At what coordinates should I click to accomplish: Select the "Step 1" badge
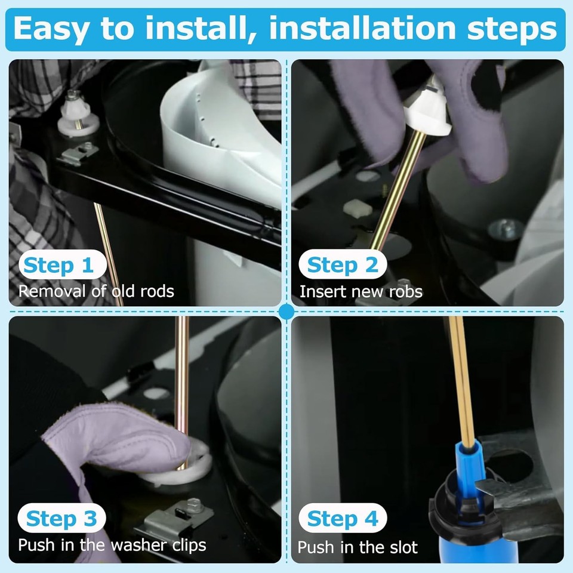coord(63,264)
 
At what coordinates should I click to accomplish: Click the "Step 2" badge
coord(343,264)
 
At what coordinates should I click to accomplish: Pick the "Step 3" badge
coord(61,518)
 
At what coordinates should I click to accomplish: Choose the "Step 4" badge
coord(343,518)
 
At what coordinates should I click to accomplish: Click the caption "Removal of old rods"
coord(96,291)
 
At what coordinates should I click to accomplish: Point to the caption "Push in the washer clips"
coord(112,545)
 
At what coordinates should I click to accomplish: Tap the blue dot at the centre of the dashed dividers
coord(286,312)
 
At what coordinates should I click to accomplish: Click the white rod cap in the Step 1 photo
coord(78,114)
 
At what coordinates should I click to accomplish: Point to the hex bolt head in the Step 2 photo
coord(506,229)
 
